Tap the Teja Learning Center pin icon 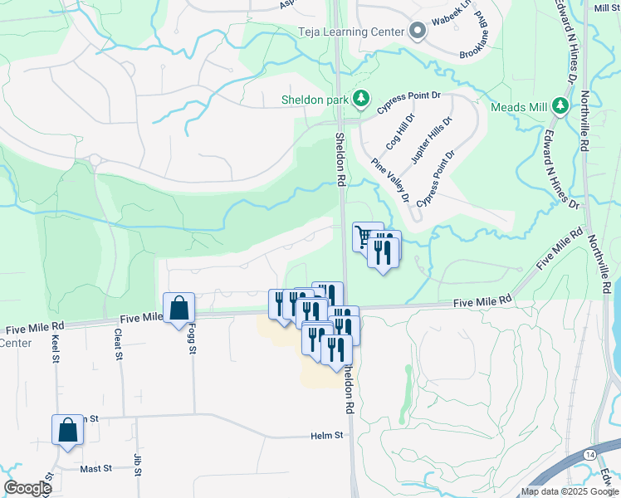tap(418, 32)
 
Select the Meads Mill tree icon tap(560, 106)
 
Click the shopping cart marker tap(364, 236)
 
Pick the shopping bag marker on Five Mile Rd tap(178, 308)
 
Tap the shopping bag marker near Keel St tap(67, 430)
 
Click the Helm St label tap(327, 436)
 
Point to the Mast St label tap(96, 469)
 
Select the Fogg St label tap(192, 343)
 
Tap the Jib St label tap(137, 461)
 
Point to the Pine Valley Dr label tap(390, 180)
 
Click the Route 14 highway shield tap(588, 456)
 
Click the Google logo tap(27, 488)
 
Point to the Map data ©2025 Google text tap(569, 491)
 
